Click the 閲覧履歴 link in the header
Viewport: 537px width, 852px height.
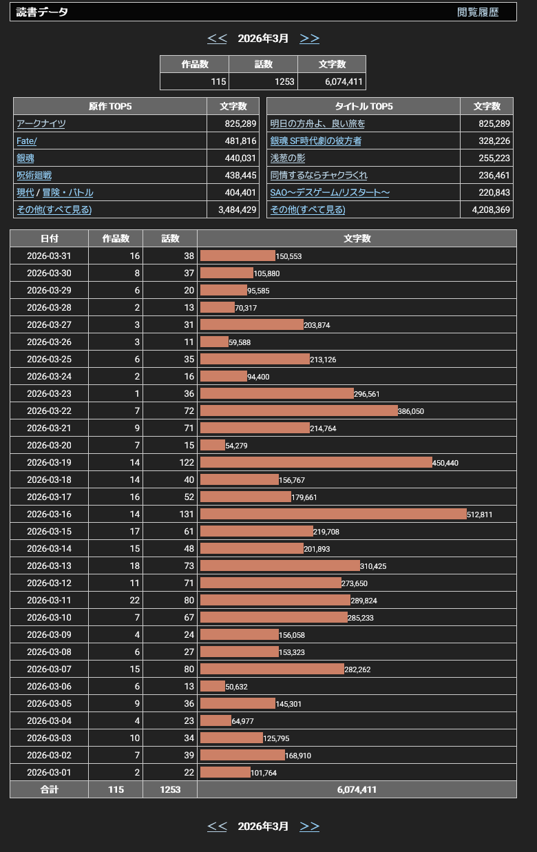tap(478, 12)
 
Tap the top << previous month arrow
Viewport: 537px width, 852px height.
tap(217, 39)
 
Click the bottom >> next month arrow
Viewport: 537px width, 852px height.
tap(310, 827)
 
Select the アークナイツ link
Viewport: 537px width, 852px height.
tap(41, 123)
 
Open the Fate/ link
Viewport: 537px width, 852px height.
tap(27, 141)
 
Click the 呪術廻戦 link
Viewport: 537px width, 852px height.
tap(34, 175)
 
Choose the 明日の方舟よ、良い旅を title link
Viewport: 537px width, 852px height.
tap(317, 123)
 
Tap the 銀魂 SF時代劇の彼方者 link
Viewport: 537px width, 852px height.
tap(315, 141)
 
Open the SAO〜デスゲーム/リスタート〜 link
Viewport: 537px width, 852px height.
tap(329, 192)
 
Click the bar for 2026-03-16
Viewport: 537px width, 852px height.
tap(333, 514)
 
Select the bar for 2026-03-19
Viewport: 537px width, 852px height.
tap(316, 462)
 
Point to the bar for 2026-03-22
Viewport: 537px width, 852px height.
tap(299, 411)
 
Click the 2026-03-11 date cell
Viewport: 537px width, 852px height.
tap(49, 600)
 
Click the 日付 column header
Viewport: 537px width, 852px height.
tap(49, 238)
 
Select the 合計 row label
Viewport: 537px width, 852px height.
tap(49, 789)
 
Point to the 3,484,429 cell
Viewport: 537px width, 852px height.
tap(233, 209)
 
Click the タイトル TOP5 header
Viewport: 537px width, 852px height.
tap(364, 106)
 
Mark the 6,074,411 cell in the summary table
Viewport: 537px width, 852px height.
tap(332, 81)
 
